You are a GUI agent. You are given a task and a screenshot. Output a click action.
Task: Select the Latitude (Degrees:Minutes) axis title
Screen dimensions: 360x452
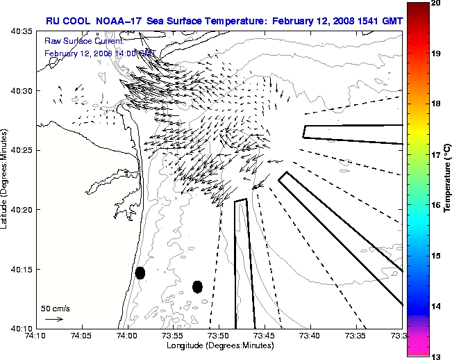click(6, 179)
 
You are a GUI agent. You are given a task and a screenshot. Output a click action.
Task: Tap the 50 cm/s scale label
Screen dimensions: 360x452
click(56, 308)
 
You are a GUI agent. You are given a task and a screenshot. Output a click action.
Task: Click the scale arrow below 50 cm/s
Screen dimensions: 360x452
click(54, 319)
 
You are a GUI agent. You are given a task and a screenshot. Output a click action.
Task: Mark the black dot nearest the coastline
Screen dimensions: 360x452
click(140, 272)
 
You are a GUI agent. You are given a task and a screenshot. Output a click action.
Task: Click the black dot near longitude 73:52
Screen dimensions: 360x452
click(197, 286)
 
